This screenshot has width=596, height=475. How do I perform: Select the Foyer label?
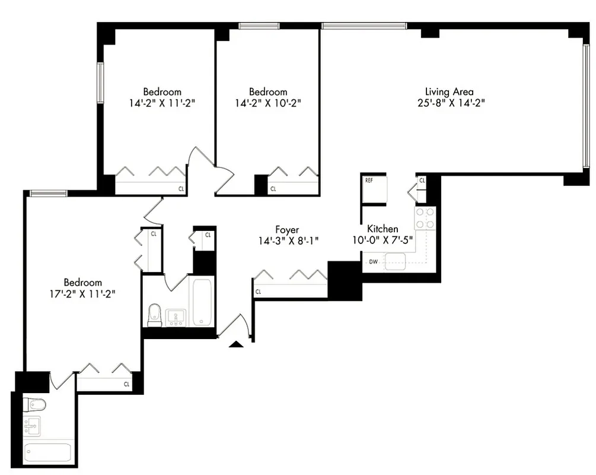[287, 230]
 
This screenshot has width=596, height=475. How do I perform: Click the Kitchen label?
[383, 229]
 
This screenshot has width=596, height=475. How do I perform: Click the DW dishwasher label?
[373, 261]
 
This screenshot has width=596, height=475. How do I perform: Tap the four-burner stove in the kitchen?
[425, 218]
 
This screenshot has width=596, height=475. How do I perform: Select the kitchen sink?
[394, 261]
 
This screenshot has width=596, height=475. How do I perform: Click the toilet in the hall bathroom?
[155, 314]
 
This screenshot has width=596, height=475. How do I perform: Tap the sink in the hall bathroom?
[176, 318]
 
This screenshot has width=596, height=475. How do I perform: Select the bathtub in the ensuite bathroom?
[48, 452]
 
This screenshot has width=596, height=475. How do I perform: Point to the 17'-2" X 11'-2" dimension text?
[83, 293]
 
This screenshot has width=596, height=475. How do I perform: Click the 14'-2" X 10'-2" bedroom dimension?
[268, 102]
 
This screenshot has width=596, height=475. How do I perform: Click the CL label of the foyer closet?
[259, 292]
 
